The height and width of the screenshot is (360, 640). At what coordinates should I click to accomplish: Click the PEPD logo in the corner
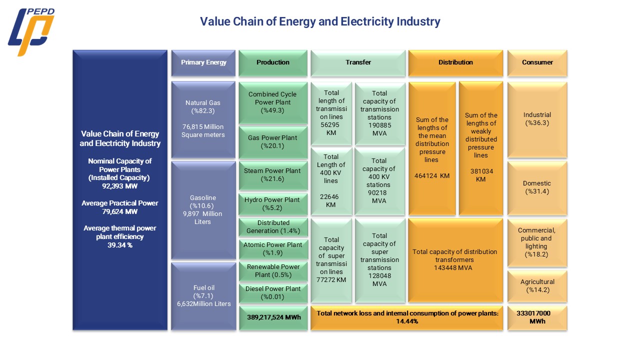click(31, 31)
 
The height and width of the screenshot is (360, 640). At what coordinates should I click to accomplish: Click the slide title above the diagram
click(320, 21)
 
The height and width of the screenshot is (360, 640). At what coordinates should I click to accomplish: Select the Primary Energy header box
click(203, 63)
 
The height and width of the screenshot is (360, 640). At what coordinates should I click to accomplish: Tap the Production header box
click(273, 63)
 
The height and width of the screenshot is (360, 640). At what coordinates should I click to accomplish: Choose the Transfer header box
click(358, 63)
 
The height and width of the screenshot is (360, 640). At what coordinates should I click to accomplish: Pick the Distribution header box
click(455, 63)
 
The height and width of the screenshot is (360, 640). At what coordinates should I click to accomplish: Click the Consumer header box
click(537, 63)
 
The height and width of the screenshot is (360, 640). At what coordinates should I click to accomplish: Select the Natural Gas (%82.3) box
click(203, 119)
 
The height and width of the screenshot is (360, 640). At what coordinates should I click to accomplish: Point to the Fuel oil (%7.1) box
click(203, 296)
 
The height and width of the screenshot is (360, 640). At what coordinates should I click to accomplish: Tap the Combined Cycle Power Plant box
click(273, 103)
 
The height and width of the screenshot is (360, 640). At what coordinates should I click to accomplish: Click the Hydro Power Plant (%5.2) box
click(273, 204)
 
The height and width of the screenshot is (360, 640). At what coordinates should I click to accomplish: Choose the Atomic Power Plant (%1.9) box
click(273, 249)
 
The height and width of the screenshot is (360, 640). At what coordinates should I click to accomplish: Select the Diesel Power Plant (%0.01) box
click(273, 293)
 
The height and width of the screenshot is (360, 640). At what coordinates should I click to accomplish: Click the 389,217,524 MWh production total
click(273, 317)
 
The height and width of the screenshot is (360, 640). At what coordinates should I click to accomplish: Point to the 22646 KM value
click(329, 201)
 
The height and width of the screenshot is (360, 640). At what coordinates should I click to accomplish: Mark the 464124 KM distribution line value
click(432, 175)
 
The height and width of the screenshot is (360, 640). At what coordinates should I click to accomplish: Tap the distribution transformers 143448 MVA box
click(455, 260)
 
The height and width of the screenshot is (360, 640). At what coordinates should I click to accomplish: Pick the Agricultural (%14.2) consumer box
click(537, 286)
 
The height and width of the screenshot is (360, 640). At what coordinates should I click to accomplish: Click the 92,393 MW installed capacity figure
click(119, 186)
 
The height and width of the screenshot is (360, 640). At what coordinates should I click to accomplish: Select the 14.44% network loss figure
click(407, 321)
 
